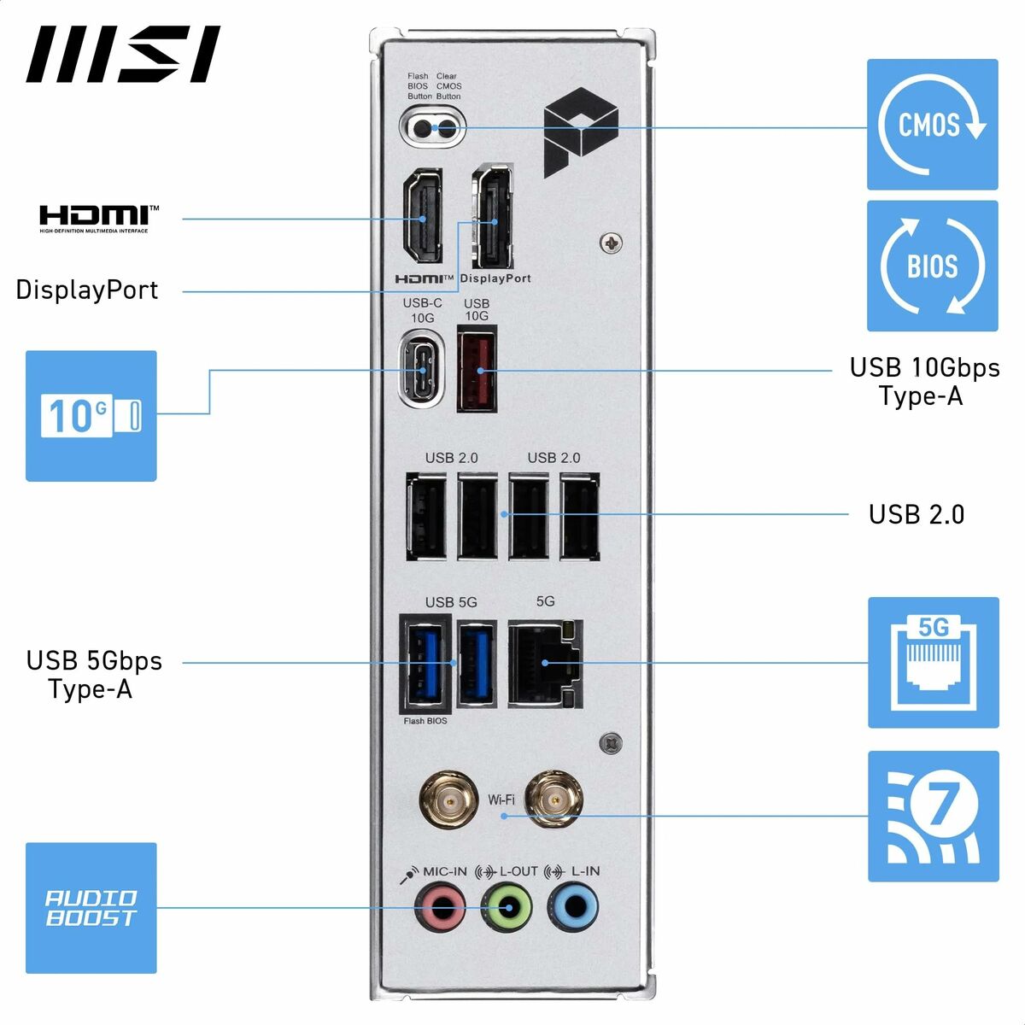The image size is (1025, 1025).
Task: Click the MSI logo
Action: (x=123, y=55)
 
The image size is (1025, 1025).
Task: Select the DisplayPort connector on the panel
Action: (x=492, y=217)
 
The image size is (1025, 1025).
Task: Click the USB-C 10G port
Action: (x=423, y=370)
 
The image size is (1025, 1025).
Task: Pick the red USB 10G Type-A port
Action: (x=477, y=371)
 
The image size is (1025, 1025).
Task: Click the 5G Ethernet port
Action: (x=545, y=664)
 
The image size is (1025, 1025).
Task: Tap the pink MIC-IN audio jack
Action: (x=441, y=907)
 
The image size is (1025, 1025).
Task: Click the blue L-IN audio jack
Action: (x=571, y=907)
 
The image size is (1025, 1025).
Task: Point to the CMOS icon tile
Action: (x=932, y=125)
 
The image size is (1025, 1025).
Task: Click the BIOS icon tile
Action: (x=932, y=266)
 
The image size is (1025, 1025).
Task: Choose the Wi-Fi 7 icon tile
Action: (x=933, y=816)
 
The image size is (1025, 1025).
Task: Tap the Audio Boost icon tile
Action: (x=91, y=908)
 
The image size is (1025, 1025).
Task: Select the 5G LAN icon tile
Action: (x=933, y=663)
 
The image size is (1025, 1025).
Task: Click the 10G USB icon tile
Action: (x=91, y=416)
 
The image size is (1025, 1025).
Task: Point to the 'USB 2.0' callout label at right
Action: (x=916, y=514)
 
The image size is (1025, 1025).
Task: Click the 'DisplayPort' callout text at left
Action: (x=87, y=290)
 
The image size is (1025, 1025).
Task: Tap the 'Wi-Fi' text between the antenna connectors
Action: (x=501, y=800)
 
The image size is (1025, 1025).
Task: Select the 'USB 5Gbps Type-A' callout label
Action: (x=93, y=675)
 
